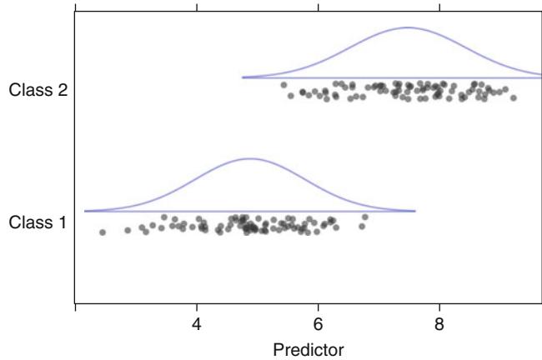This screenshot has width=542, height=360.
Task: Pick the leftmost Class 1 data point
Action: (x=103, y=232)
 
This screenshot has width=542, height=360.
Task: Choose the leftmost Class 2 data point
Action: (x=284, y=85)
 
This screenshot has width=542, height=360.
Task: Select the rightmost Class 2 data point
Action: (x=513, y=97)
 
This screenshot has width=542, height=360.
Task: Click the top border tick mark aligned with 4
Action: (x=197, y=7)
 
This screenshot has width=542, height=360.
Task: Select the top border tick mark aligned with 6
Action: (x=318, y=7)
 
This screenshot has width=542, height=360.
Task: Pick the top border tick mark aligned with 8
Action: (x=439, y=7)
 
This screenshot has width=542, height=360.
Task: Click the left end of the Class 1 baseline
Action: (x=85, y=211)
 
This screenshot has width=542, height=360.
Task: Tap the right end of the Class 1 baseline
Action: (x=415, y=211)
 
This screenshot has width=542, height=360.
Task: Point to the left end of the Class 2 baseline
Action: (x=243, y=77)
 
